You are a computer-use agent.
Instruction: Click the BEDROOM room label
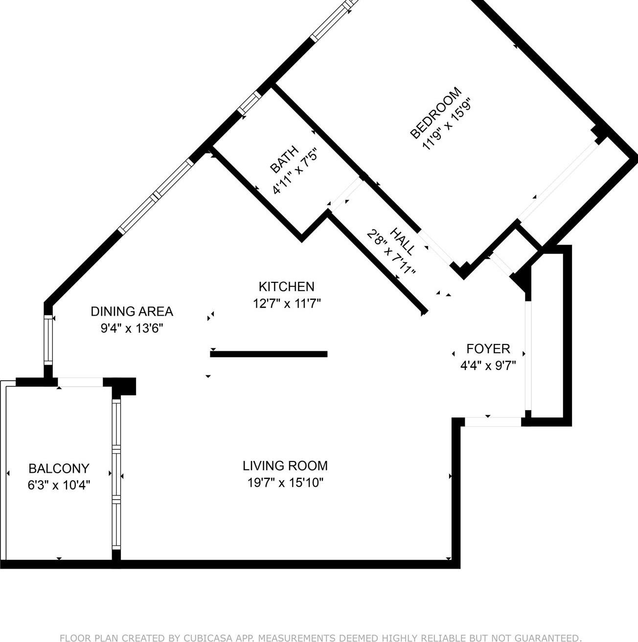pos(435,113)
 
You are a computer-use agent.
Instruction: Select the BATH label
pos(284,160)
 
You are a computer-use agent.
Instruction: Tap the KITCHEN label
pos(286,286)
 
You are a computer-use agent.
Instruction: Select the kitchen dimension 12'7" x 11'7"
pos(286,304)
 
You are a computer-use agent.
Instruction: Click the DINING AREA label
pos(132,311)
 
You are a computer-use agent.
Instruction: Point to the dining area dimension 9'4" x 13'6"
pos(132,328)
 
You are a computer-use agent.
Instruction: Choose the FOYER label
pos(488,349)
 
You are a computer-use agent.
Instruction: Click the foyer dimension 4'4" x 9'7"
pos(488,366)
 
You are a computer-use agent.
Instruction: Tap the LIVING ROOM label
pos(285,466)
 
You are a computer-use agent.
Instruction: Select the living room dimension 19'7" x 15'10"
pos(285,483)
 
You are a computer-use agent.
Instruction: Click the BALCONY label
pos(59,469)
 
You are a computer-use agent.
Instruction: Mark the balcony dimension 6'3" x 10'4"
pos(59,485)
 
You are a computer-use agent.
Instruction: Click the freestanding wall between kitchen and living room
pos(269,354)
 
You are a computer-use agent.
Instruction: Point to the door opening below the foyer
pos(493,422)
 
